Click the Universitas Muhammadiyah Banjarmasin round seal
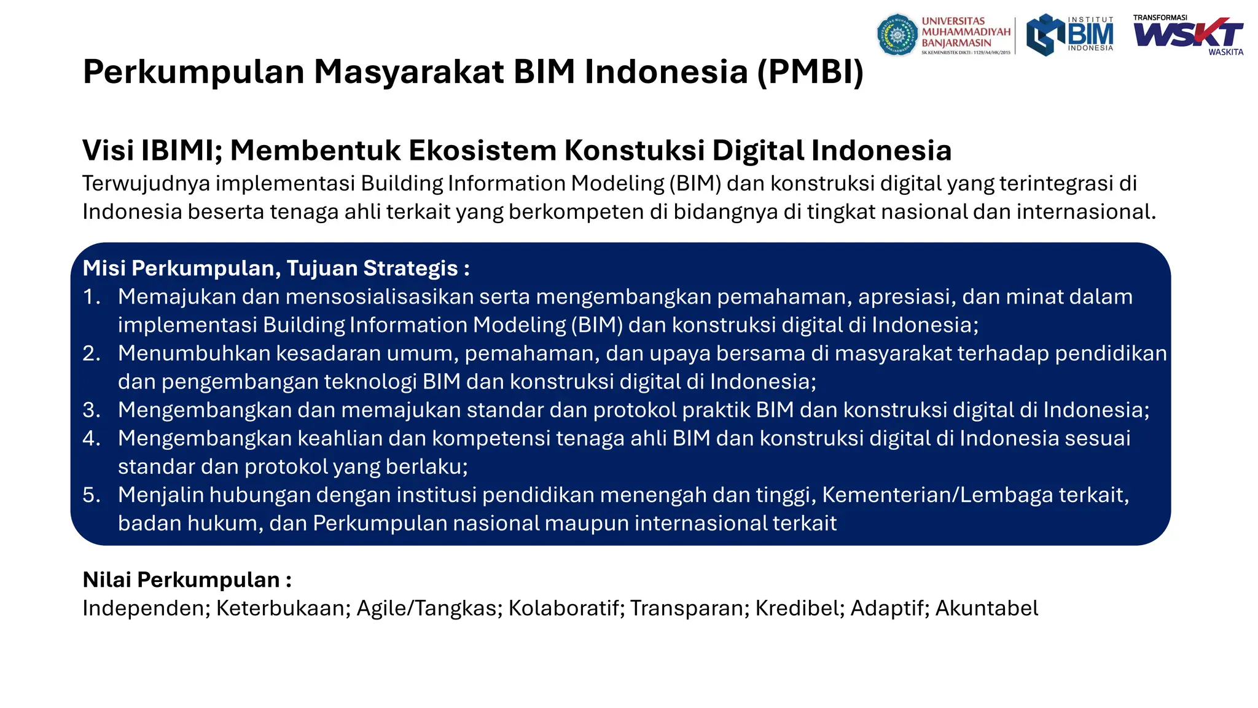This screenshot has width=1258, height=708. (x=897, y=35)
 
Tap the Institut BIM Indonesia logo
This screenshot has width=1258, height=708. (x=1070, y=35)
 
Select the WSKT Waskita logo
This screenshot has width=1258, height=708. (x=1189, y=35)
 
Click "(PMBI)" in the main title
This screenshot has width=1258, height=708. (x=810, y=72)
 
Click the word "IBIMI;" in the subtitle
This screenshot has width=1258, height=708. (x=182, y=151)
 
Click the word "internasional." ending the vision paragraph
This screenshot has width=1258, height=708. (x=1086, y=212)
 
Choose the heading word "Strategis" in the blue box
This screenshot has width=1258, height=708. (x=410, y=269)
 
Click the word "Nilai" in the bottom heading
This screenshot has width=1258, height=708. (x=107, y=580)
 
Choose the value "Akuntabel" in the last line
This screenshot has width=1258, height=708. (x=986, y=608)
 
